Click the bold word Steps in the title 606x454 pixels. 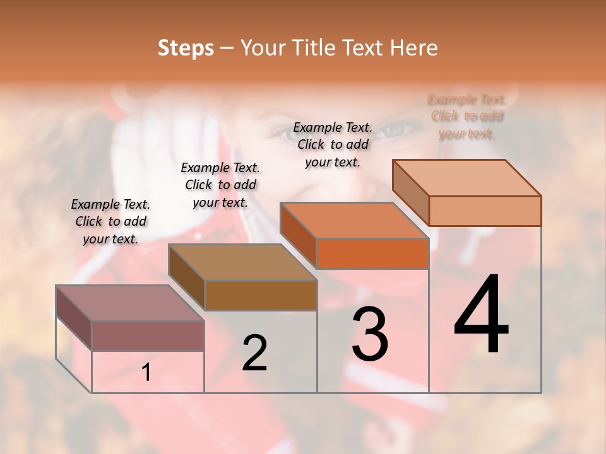pos(186,48)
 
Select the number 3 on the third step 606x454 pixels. pos(370,334)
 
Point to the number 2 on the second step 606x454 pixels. pos(255,353)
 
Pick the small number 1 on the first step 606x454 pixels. pos(146,372)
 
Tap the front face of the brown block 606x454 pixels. pos(261,295)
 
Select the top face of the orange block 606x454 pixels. pos(353,221)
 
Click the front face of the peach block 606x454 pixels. pos(485,211)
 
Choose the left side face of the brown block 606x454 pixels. pos(186,276)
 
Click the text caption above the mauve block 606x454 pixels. pos(111,221)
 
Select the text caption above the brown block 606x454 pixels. pos(220,185)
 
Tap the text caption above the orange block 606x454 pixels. pos(333,144)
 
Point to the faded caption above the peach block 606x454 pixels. pos(466,116)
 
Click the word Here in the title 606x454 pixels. pos(414,48)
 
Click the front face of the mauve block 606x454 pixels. pos(148,335)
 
